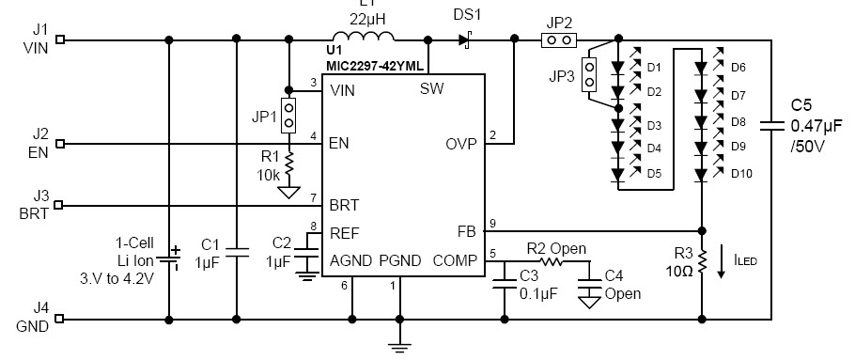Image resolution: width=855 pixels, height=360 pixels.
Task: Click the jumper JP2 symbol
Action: [559, 40]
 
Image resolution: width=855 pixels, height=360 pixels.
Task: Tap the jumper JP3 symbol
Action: [590, 77]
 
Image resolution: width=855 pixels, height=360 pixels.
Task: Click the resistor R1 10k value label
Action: [269, 175]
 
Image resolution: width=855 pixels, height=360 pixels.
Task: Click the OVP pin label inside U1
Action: [460, 144]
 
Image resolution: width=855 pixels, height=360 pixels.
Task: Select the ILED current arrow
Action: [721, 262]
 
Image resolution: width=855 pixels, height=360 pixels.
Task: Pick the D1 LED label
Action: [654, 67]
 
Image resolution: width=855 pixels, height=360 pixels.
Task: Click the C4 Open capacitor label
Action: [621, 284]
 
